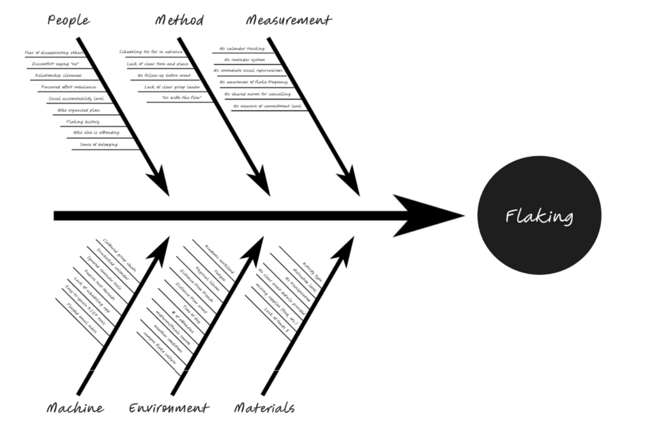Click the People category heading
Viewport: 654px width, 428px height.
tap(68, 20)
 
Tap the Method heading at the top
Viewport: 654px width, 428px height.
tap(179, 20)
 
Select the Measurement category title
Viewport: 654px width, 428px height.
tap(289, 20)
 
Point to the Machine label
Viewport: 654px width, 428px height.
tap(75, 408)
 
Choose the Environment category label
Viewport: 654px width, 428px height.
tap(169, 408)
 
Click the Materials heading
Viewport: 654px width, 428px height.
tap(264, 408)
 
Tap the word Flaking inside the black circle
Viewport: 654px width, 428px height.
tap(539, 216)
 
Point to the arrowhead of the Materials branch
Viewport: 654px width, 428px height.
tap(348, 247)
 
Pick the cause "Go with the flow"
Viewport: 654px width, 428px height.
tap(181, 98)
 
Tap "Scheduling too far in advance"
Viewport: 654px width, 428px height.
tap(151, 52)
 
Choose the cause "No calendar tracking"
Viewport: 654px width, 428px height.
tap(242, 48)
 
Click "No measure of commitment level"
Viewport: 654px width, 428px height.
tap(267, 106)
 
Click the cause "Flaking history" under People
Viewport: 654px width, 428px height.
tap(83, 121)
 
